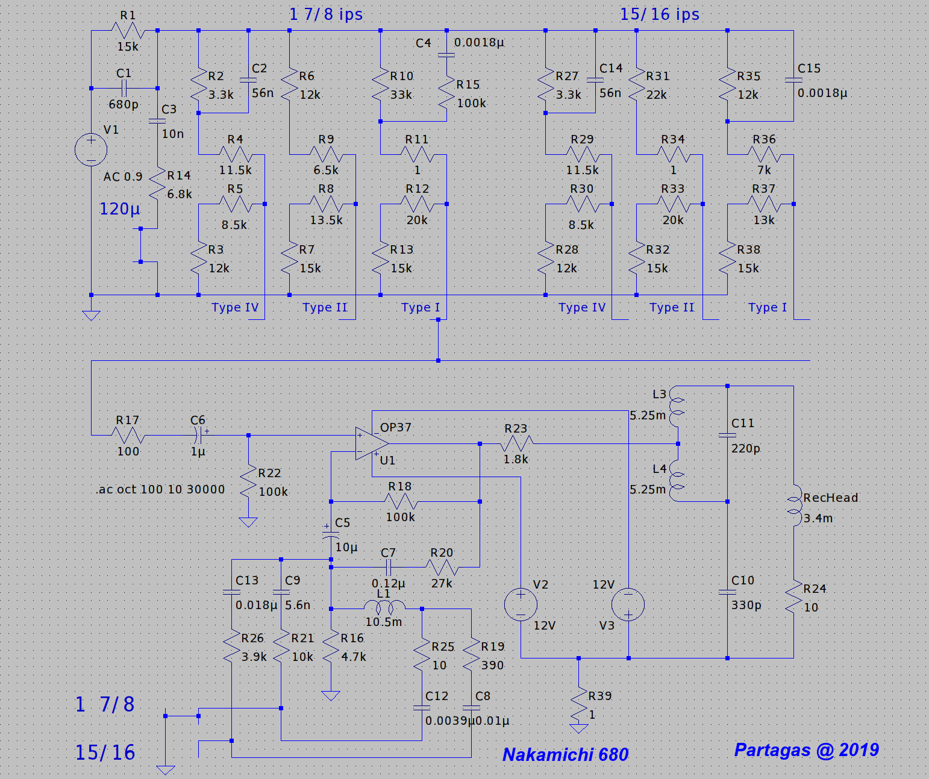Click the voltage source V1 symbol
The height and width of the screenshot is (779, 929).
click(91, 149)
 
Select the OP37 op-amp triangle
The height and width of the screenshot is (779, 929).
click(371, 444)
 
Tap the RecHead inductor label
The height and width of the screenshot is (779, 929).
click(830, 498)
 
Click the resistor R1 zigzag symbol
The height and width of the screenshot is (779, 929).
click(128, 30)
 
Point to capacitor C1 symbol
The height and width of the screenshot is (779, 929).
click(124, 89)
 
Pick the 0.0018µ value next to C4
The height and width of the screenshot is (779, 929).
click(479, 43)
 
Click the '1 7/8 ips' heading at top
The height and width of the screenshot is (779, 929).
click(326, 14)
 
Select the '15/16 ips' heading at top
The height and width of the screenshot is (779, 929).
click(660, 14)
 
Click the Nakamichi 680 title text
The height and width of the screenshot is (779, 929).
click(565, 754)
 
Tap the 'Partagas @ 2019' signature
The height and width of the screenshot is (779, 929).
click(806, 749)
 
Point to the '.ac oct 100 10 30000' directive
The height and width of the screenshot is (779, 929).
click(160, 489)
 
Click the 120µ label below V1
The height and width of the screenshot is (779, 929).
click(119, 209)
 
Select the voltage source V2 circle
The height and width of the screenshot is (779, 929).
click(521, 604)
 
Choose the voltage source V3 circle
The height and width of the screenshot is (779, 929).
click(628, 604)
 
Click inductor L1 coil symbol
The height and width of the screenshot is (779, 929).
click(384, 606)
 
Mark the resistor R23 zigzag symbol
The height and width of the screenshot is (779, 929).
click(516, 444)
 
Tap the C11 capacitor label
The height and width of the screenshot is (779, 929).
click(742, 424)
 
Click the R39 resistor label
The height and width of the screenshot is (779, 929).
click(599, 696)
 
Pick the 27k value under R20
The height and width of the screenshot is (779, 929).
click(441, 583)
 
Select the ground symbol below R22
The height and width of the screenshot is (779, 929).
click(248, 522)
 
